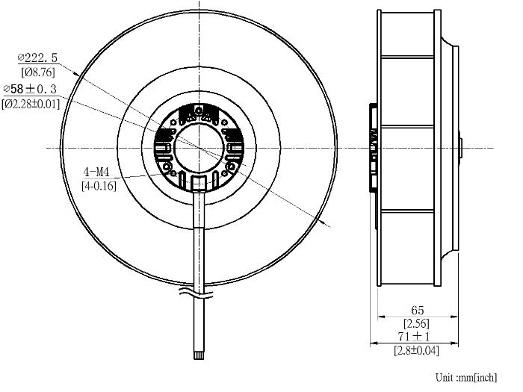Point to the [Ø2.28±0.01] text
(x=31, y=104)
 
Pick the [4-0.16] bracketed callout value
(x=99, y=186)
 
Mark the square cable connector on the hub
(x=199, y=182)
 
